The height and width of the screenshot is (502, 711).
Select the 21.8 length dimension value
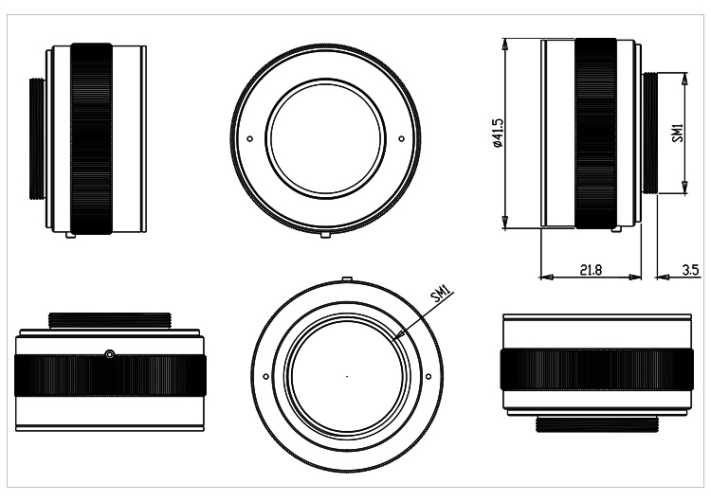(590, 270)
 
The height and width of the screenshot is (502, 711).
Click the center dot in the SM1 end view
(346, 376)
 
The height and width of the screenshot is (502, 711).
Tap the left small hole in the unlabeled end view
(250, 138)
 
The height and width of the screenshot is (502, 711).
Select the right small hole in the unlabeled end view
(401, 138)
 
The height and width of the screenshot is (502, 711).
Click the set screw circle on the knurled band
(110, 354)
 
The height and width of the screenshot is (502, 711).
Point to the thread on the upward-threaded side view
(110, 321)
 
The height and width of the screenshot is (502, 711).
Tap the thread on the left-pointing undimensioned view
(39, 137)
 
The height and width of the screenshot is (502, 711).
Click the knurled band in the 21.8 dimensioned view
(594, 133)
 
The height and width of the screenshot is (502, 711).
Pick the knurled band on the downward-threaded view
(593, 377)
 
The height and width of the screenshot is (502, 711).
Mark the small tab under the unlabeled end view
(326, 233)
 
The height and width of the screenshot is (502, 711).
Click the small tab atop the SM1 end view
(346, 279)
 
